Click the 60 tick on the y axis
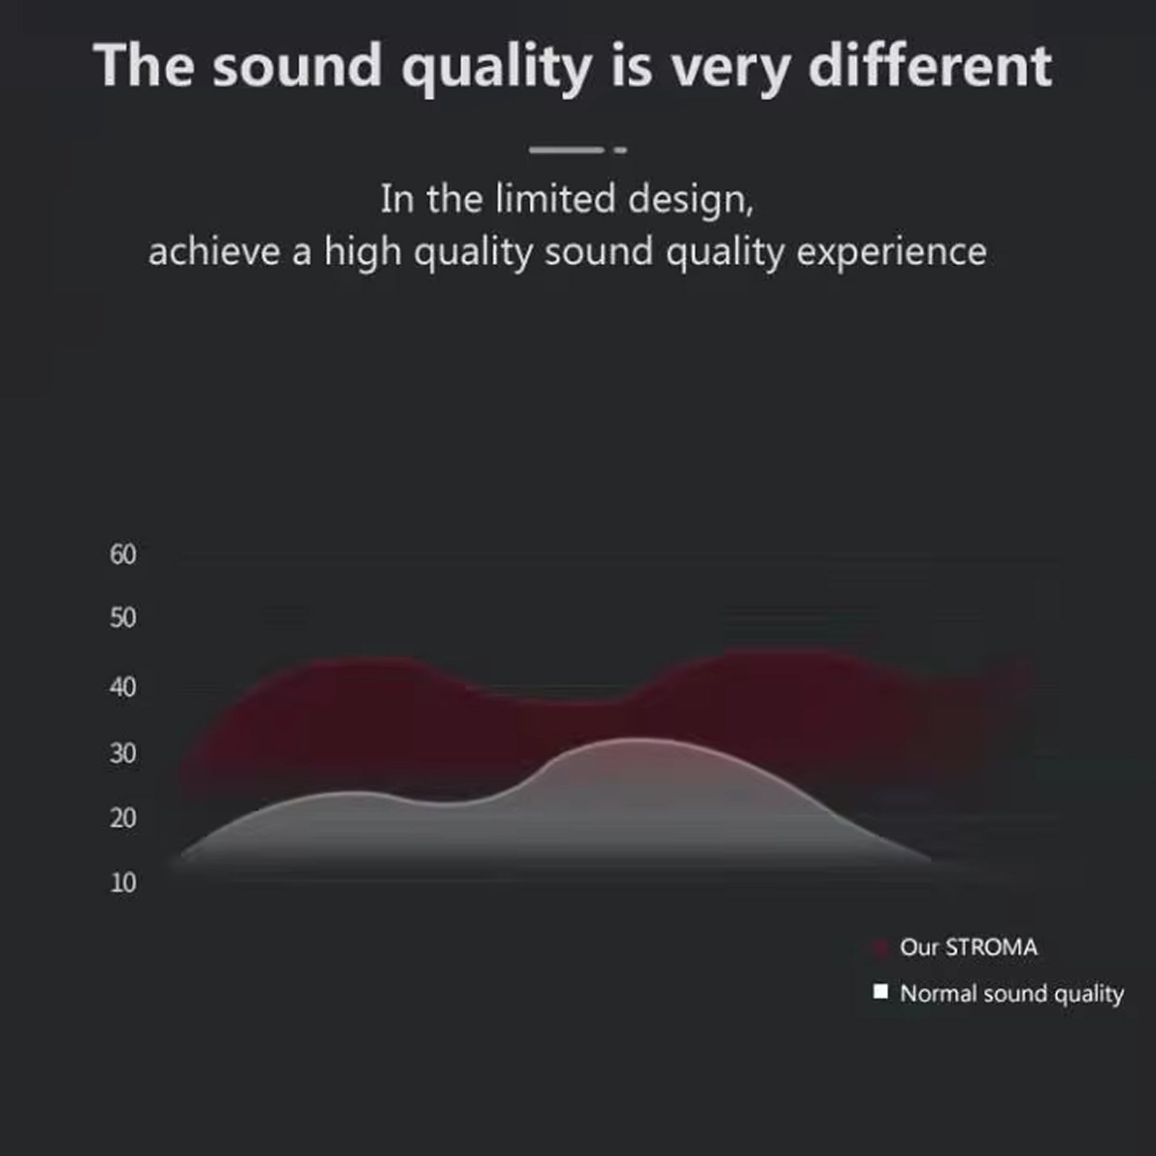pyautogui.click(x=123, y=554)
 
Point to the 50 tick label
pyautogui.click(x=123, y=618)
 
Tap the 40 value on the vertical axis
pyautogui.click(x=123, y=686)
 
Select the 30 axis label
pyautogui.click(x=123, y=753)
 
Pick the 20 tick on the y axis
pyautogui.click(x=123, y=818)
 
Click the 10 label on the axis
pyautogui.click(x=123, y=883)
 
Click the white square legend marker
pyautogui.click(x=880, y=991)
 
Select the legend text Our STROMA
pyautogui.click(x=969, y=948)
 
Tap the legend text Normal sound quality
pyautogui.click(x=1012, y=994)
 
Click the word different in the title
pyautogui.click(x=930, y=66)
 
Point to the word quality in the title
pyautogui.click(x=497, y=70)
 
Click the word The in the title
pyautogui.click(x=144, y=66)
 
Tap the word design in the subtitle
pyautogui.click(x=691, y=201)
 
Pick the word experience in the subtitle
pyautogui.click(x=892, y=253)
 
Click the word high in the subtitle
pyautogui.click(x=363, y=253)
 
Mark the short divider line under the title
pyautogui.click(x=578, y=150)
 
